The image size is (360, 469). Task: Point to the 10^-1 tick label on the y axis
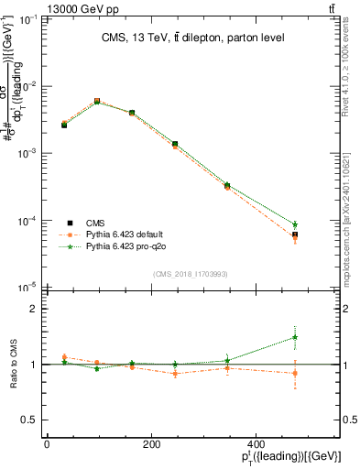pyautogui.click(x=27, y=18)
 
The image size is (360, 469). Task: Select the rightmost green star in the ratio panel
pyautogui.click(x=295, y=337)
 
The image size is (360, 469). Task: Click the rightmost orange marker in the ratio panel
pyautogui.click(x=295, y=373)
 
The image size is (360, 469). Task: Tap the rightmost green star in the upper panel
pyautogui.click(x=295, y=224)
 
